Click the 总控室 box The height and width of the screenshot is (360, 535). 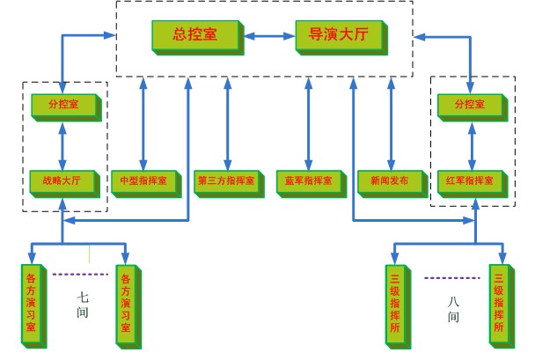tap(196, 36)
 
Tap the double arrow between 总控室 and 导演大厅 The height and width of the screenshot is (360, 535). tap(269, 36)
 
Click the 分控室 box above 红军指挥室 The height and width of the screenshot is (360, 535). tap(472, 106)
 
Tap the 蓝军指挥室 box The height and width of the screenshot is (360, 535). tap(309, 181)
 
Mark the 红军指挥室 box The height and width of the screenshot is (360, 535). tap(472, 180)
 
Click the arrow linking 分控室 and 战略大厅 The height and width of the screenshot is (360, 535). tap(62, 144)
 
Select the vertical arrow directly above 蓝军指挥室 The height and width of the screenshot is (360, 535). tap(308, 122)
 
